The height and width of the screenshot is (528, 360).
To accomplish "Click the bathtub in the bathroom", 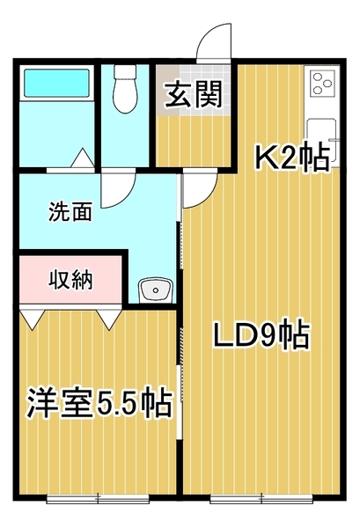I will tap(54, 84).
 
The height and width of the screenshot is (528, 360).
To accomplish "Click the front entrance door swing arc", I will tap(212, 43).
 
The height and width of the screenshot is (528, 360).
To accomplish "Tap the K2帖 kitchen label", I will tap(292, 157).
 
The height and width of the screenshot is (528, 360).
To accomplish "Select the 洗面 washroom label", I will tap(70, 212).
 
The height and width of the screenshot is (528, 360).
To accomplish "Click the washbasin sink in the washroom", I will tap(155, 290).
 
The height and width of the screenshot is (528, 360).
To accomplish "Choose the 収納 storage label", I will tap(70, 282).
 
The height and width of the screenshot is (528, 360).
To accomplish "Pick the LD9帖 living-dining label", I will tap(262, 335).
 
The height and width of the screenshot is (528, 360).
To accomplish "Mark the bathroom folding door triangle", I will tap(82, 158).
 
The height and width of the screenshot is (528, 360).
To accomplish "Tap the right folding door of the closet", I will tap(110, 318).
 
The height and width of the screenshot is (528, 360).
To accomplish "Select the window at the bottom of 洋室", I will tap(97, 498).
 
